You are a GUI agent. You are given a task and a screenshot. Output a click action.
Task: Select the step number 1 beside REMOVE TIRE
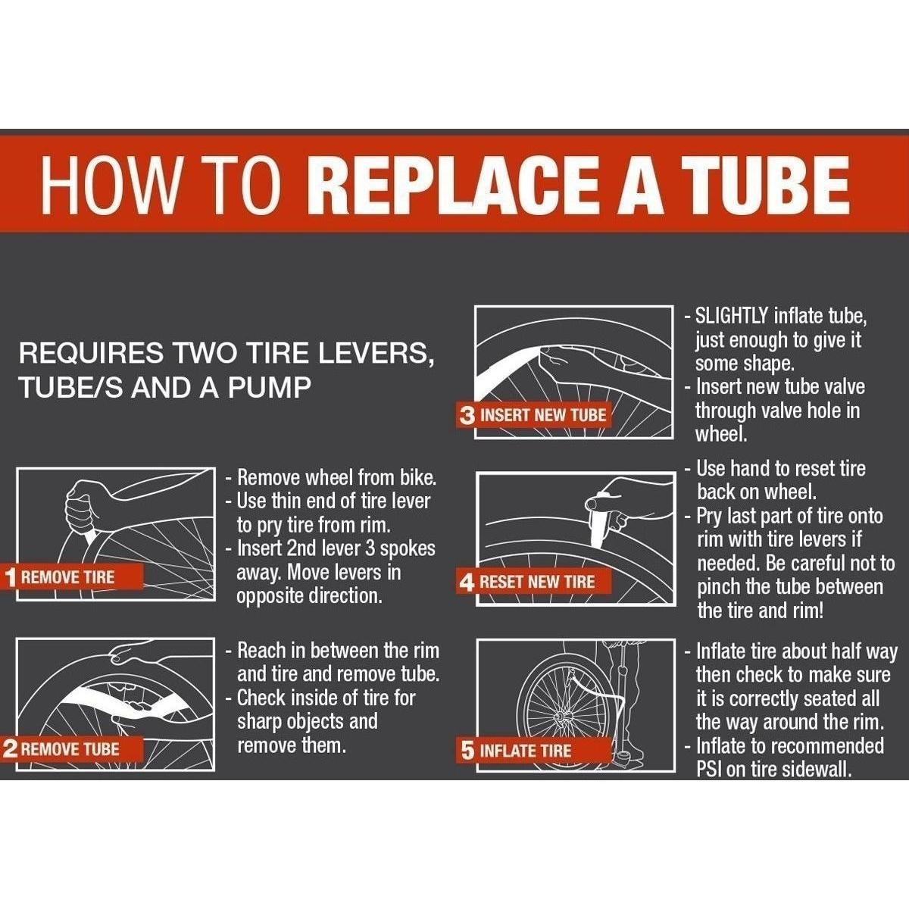tap(11, 578)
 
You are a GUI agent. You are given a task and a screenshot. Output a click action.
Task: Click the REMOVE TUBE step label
tap(70, 749)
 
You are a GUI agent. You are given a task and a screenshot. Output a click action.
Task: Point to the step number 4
tap(466, 582)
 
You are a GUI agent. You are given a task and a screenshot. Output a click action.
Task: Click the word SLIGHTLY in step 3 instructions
tap(732, 317)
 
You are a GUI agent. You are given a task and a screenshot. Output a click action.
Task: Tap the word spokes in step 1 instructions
tap(408, 549)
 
